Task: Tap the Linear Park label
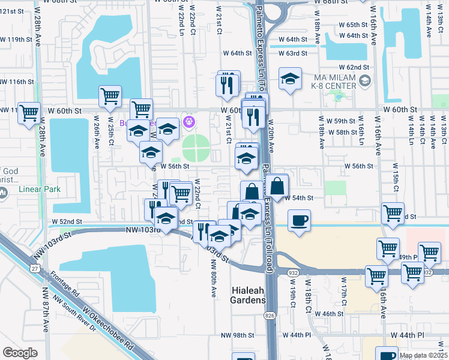pos(40,189)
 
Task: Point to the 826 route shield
pos(270,316)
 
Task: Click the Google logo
pos(20,352)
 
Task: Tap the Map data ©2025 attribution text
pos(423,355)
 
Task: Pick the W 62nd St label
pos(353,67)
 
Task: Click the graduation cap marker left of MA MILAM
pos(290,79)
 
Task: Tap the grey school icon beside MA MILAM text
pos(365,80)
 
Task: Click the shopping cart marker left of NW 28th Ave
pos(29,113)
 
